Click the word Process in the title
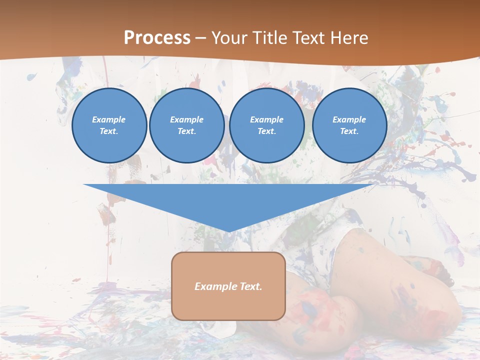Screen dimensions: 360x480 [157, 38]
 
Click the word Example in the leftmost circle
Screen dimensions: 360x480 [109, 119]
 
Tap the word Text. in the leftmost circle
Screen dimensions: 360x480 [109, 131]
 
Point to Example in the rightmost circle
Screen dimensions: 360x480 [349, 119]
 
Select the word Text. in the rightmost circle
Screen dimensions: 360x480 [349, 131]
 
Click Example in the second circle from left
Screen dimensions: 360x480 [186, 119]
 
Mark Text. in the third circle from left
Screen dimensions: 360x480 [266, 131]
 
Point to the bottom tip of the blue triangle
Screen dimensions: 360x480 [229, 231]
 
